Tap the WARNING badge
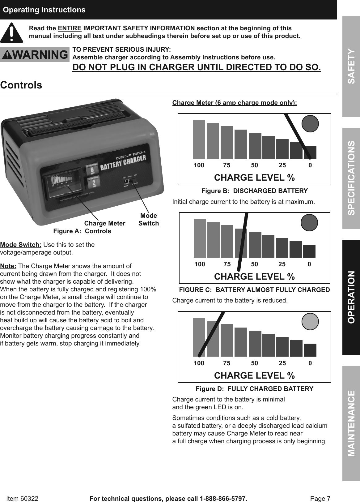click(35, 55)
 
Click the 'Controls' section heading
click(21, 85)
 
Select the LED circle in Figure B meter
click(310, 124)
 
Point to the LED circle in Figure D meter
click(310, 321)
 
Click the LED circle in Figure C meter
click(309, 223)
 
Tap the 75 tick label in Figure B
click(227, 165)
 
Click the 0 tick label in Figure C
click(309, 264)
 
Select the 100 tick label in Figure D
click(199, 363)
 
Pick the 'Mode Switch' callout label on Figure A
click(148, 219)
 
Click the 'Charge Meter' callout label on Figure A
click(105, 223)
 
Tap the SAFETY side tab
click(351, 66)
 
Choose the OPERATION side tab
click(351, 297)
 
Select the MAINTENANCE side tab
click(351, 423)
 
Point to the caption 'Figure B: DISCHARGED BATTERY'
click(254, 191)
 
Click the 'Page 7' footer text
click(320, 498)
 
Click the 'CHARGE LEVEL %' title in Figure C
click(254, 277)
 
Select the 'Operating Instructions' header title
click(44, 10)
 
